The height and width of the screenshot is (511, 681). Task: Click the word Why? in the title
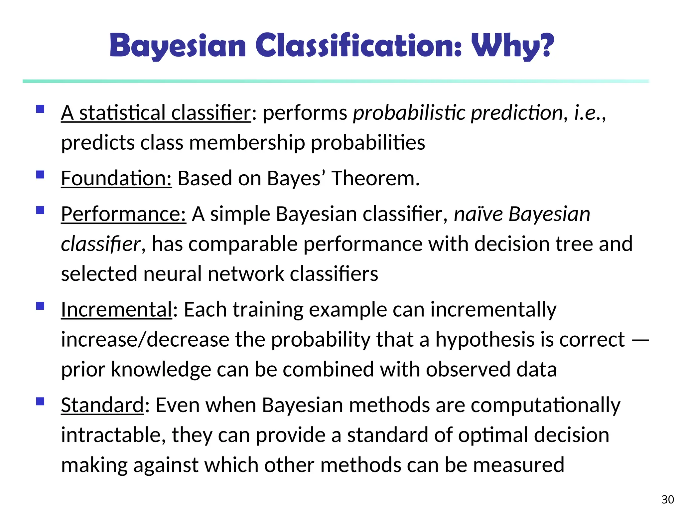coord(512,46)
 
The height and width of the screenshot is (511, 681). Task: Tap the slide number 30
coord(668,500)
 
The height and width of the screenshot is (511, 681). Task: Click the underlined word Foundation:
coord(116,178)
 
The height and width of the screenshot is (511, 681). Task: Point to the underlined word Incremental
coord(116,310)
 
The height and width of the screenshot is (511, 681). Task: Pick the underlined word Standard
coord(102,405)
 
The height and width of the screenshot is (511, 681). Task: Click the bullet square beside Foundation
coord(41,175)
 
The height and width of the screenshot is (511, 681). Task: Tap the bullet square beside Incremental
coord(41,306)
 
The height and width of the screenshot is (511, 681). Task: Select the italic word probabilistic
coord(409,113)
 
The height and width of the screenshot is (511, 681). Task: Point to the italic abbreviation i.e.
coord(588,113)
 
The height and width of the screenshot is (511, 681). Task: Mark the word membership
coord(247,143)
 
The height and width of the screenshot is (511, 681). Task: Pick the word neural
coord(173,274)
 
